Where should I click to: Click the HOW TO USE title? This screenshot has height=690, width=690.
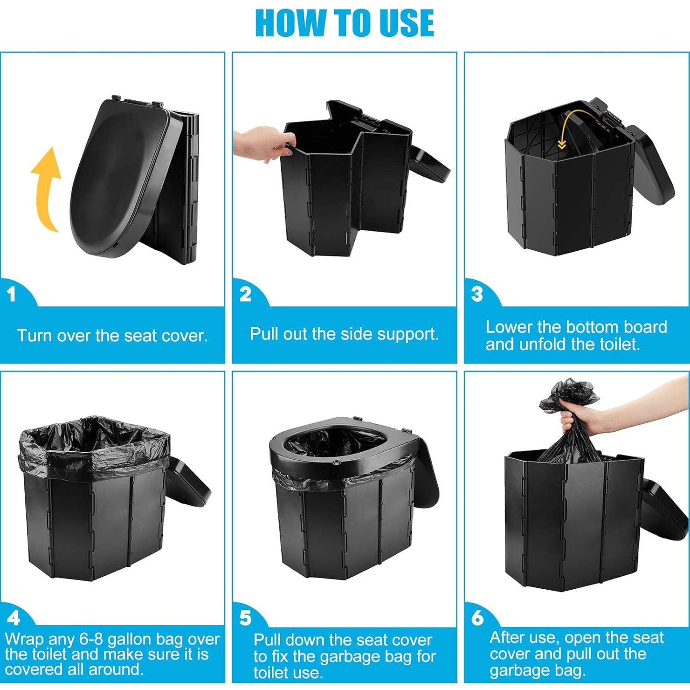(x=344, y=23)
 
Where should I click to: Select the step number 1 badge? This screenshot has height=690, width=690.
(x=11, y=294)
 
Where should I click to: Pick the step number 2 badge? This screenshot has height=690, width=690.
(x=245, y=294)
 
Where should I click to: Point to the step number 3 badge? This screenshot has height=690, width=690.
(x=477, y=294)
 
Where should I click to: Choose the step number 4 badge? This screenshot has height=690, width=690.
(x=13, y=618)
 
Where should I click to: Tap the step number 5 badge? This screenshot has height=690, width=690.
(x=245, y=618)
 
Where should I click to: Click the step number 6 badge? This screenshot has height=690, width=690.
(x=478, y=618)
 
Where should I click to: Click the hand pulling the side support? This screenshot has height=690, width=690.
(x=260, y=145)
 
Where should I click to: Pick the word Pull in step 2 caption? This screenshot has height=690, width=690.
(x=264, y=334)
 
